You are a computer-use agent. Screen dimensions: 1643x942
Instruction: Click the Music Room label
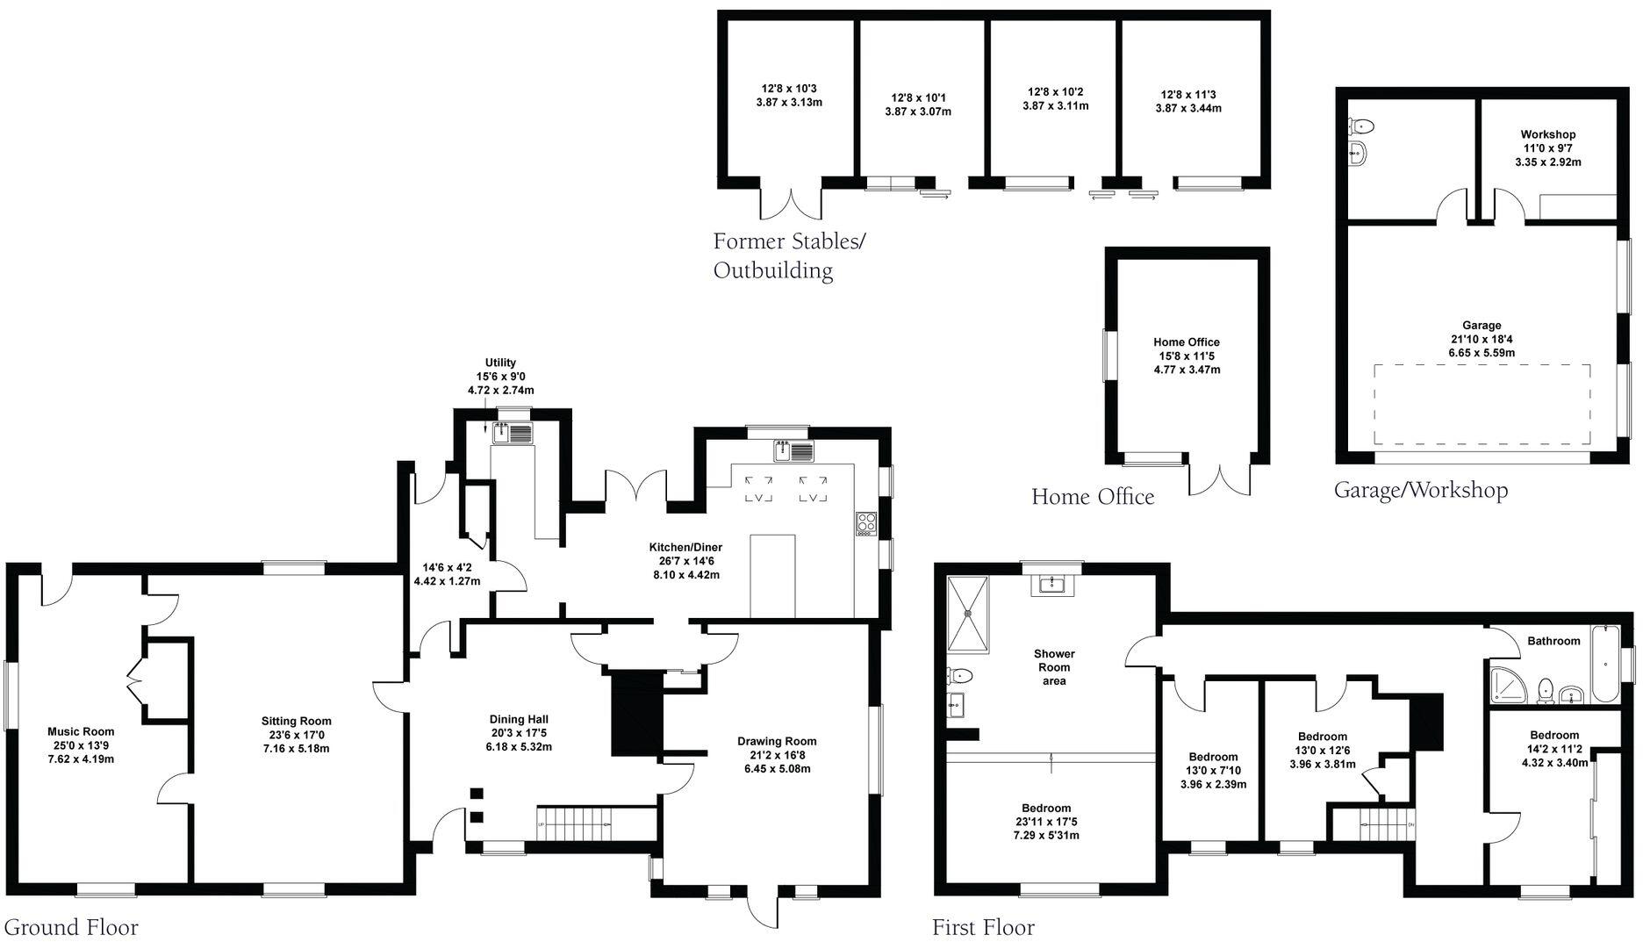[x=81, y=731]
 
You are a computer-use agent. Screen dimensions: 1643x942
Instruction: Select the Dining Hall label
[x=520, y=719]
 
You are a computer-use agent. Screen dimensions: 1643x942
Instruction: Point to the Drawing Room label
[x=777, y=741]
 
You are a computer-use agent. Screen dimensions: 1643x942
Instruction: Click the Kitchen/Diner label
[x=685, y=547]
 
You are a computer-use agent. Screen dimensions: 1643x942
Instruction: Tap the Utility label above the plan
[x=500, y=363]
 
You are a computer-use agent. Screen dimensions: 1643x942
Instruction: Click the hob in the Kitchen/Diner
[x=866, y=523]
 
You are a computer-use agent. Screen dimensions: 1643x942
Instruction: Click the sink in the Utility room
[x=513, y=432]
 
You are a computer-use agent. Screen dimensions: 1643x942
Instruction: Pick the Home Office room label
[x=1187, y=342]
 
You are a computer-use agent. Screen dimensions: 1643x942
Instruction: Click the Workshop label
[x=1548, y=134]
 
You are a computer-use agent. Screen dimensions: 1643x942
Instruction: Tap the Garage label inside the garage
[x=1482, y=325]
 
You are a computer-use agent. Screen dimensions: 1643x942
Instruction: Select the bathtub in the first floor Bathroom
[x=1605, y=663]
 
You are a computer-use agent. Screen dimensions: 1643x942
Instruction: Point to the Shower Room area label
[x=1054, y=667]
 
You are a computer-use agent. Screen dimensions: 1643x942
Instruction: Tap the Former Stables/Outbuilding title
[x=788, y=255]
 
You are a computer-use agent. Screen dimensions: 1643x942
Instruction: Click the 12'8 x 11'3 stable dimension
[x=1188, y=95]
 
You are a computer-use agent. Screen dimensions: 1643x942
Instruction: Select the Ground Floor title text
[x=71, y=927]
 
